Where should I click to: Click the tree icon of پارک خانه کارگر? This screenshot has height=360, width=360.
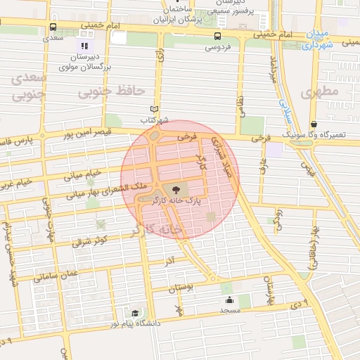tap(176, 189)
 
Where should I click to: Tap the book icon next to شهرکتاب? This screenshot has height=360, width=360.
tap(155, 109)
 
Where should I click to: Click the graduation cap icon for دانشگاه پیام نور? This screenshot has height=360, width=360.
tap(134, 313)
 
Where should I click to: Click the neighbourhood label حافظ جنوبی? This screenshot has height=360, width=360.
tap(111, 91)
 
